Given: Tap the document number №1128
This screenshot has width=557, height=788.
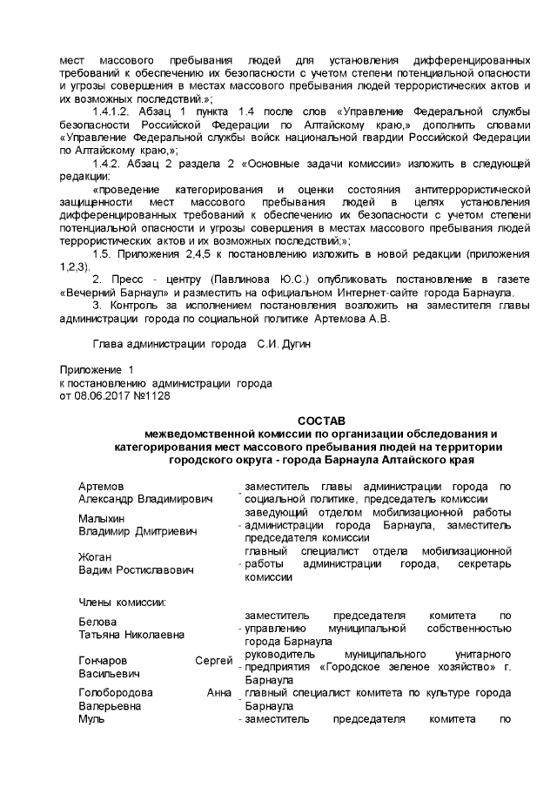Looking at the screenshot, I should click(151, 395).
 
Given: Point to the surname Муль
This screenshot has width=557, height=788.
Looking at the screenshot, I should click(91, 720).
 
